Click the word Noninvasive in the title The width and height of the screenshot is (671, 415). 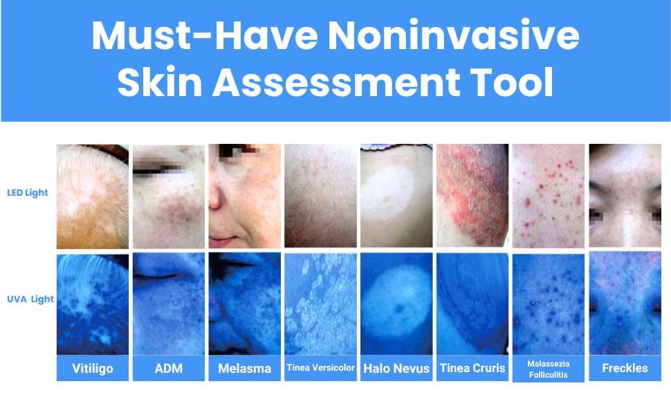453,35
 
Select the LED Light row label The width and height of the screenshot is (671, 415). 28,192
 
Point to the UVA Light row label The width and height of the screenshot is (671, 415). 30,299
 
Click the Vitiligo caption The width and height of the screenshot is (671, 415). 93,369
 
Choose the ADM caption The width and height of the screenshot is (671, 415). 169,369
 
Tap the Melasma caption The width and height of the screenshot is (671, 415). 245,369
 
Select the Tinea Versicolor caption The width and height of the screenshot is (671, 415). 320,368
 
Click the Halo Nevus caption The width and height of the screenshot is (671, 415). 396,369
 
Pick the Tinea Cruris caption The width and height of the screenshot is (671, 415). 472,368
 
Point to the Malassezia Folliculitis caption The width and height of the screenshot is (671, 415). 548,369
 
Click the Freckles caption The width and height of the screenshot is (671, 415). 625,368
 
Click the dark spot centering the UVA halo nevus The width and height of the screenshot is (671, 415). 400,308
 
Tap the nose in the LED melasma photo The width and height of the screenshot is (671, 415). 216,195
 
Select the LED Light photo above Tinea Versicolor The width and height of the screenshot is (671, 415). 320,196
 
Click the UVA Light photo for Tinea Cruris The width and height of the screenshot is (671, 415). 472,304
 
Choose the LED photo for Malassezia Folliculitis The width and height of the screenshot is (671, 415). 548,196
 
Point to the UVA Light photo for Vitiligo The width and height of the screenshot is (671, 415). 93,304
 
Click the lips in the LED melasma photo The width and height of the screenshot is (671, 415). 223,241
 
